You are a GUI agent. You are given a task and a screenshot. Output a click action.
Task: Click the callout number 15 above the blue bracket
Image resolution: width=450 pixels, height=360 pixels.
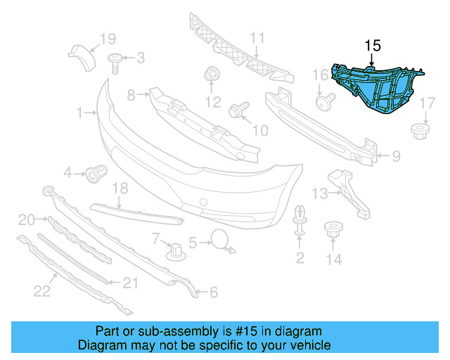tap(372, 46)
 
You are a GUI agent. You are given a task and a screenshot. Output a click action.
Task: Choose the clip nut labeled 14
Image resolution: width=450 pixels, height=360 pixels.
tap(333, 231)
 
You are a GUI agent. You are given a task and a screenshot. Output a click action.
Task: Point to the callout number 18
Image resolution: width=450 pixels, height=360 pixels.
tap(120, 188)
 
